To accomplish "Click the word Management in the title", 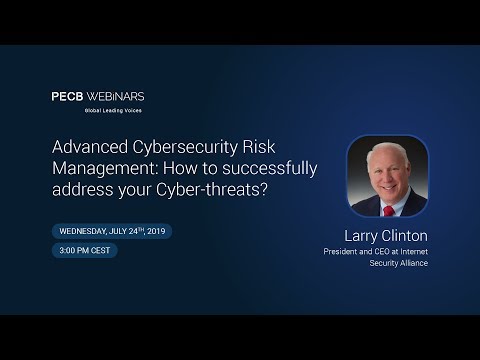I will point(103,168).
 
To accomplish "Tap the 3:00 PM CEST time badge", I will point(85,250).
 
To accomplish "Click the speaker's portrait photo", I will point(388,177).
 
